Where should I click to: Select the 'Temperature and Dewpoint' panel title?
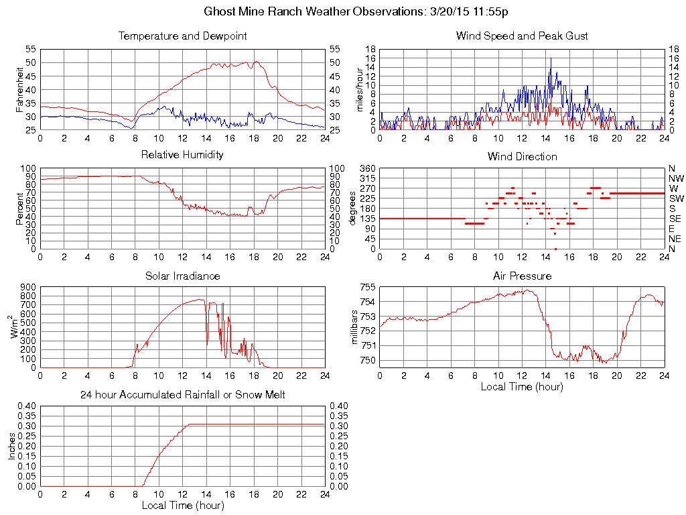click(x=182, y=36)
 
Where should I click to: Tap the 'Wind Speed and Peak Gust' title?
click(x=522, y=36)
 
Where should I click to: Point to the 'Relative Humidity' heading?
click(x=182, y=155)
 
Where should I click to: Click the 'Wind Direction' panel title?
click(x=522, y=156)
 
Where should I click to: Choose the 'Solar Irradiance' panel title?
click(x=182, y=276)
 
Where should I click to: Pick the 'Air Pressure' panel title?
click(x=522, y=276)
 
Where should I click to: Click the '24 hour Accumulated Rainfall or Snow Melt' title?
click(x=182, y=395)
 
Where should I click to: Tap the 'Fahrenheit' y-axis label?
click(x=19, y=89)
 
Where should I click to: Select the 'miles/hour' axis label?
click(x=360, y=89)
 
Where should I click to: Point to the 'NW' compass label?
click(x=676, y=178)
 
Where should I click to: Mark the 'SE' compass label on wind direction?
click(x=675, y=219)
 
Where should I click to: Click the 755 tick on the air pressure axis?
click(x=368, y=288)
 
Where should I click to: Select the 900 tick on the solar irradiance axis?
click(x=28, y=287)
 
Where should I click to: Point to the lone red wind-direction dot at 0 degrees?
click(x=555, y=249)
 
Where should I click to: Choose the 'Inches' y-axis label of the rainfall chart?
click(x=11, y=446)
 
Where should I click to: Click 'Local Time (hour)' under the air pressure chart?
click(x=522, y=386)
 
